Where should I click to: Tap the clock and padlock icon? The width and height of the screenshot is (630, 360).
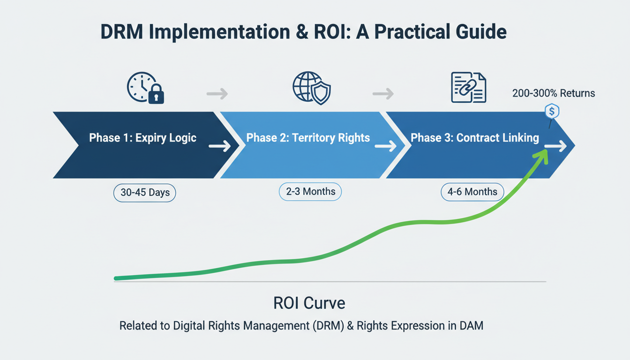[x=145, y=88]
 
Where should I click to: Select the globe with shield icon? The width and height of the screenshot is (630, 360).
[x=312, y=88]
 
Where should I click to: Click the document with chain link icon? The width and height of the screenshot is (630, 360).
[x=468, y=88]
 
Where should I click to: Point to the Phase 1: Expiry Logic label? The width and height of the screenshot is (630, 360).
[x=142, y=138]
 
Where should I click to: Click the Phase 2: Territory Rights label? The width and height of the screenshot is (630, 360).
[x=308, y=138]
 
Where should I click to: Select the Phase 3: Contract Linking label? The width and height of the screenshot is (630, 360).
[x=474, y=138]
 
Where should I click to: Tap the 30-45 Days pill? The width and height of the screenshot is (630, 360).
[x=145, y=193]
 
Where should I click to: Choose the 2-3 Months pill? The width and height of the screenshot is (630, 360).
[x=310, y=191]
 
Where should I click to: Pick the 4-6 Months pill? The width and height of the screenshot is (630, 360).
[x=472, y=191]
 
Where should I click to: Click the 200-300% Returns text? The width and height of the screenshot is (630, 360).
[x=554, y=93]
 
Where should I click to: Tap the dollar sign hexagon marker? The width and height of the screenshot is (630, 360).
[x=552, y=112]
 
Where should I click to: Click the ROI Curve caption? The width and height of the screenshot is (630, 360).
[x=309, y=303]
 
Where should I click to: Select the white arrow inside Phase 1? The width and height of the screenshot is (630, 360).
[x=219, y=146]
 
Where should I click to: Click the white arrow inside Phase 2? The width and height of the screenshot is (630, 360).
[x=386, y=146]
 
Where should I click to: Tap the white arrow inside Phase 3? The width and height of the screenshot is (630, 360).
[x=556, y=146]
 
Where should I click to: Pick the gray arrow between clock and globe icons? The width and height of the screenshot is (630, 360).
[x=217, y=94]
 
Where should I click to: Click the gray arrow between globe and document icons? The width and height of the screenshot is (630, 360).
[x=383, y=94]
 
